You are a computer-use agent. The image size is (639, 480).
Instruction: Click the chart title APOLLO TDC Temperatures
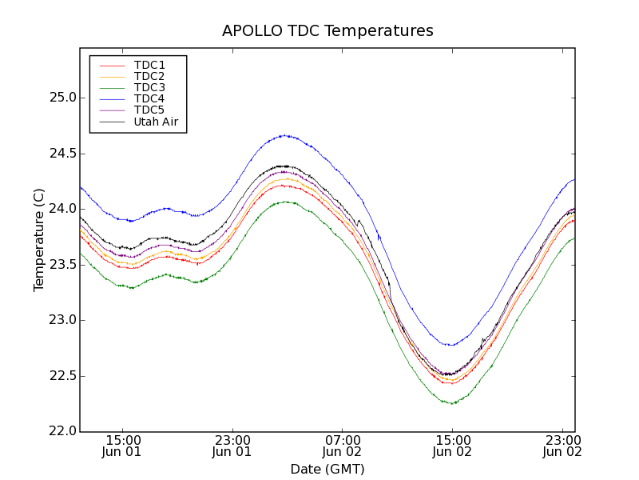pos(327,31)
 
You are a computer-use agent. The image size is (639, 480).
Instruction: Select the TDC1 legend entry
pos(149,65)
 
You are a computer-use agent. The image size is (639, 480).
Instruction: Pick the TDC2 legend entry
pos(149,76)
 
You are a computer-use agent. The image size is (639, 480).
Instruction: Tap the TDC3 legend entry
pos(149,87)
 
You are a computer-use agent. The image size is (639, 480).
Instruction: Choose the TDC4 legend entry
pos(149,98)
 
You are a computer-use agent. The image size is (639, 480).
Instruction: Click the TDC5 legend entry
pos(149,110)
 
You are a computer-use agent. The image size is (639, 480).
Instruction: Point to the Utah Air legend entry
pos(156,122)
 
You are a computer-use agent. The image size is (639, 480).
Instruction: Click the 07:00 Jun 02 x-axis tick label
pos(342,446)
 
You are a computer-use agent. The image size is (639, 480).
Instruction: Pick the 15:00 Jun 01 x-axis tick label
pos(122,446)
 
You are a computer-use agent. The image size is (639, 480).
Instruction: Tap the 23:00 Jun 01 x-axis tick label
pos(232,446)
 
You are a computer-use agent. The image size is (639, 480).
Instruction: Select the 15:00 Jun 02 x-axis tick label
pos(452,446)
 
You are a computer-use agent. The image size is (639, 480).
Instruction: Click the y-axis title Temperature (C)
pos(38,240)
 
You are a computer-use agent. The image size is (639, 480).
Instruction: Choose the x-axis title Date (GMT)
pos(327,469)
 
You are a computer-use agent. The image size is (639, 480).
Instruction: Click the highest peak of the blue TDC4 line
pos(284,135)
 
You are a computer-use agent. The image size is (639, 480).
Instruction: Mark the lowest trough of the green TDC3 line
pos(452,403)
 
